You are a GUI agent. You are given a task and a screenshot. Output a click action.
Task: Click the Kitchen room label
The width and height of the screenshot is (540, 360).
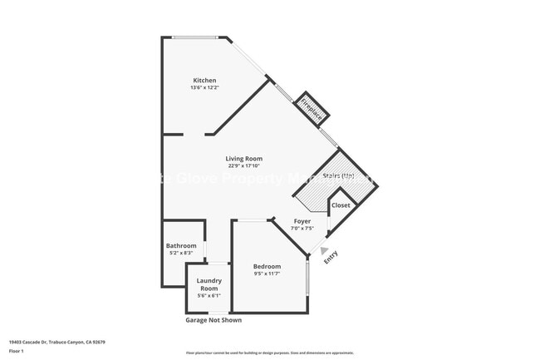(x=204, y=81)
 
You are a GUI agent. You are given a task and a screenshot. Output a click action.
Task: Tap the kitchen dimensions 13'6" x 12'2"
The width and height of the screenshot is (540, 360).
(x=204, y=87)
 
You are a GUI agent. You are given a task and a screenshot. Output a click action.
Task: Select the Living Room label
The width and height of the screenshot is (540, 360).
(x=244, y=158)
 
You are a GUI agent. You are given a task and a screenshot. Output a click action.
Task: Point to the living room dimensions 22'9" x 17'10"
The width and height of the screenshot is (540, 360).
(x=244, y=165)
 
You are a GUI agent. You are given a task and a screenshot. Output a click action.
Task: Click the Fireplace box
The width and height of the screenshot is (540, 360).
(x=312, y=108)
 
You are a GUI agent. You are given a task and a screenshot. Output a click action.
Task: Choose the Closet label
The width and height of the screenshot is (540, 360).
(x=341, y=205)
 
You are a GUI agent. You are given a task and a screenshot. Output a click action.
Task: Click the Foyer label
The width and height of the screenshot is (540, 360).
(x=302, y=222)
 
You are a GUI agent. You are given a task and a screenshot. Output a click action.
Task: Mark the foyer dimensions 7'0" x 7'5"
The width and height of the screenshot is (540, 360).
(x=302, y=229)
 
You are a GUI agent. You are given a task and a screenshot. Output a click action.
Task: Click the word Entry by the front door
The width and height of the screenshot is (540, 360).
(x=330, y=258)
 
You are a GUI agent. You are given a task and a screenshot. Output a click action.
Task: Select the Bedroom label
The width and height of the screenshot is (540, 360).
(x=267, y=266)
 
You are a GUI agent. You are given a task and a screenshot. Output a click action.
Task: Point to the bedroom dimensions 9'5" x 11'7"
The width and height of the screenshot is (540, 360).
(x=267, y=274)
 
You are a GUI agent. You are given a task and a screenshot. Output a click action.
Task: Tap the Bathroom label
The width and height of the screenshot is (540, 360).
(x=181, y=245)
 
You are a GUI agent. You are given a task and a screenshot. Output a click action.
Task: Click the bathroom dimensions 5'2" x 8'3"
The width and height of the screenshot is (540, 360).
(x=181, y=253)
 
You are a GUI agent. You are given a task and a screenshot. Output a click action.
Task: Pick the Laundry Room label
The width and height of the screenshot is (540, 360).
(x=209, y=284)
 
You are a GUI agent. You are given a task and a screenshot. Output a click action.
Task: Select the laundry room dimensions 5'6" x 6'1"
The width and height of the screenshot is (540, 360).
(x=209, y=295)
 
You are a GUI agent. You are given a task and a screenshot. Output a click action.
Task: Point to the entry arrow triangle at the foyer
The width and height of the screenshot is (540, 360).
(x=322, y=247)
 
